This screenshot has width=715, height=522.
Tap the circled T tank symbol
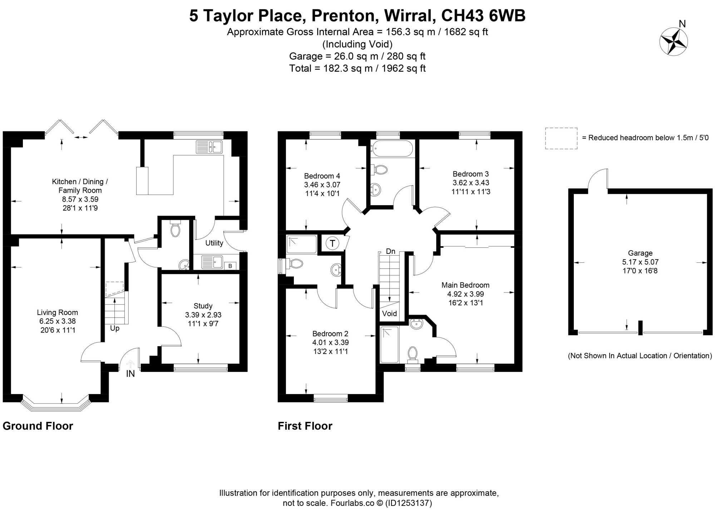point(332,243)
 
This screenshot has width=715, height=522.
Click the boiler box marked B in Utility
point(230,266)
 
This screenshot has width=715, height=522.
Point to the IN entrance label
point(130,374)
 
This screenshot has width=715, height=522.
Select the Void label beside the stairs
point(389,314)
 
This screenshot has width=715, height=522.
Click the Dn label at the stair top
point(391,251)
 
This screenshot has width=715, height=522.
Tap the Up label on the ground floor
point(115,328)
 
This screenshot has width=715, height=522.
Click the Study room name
point(203,306)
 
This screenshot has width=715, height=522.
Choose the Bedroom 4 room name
point(322,176)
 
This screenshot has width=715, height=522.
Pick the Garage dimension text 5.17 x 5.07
point(640,262)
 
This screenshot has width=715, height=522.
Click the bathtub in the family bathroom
point(392,148)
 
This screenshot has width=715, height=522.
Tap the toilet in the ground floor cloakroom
point(175,228)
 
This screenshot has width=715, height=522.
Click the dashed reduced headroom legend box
point(561,138)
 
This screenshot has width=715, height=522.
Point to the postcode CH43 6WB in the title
point(484,16)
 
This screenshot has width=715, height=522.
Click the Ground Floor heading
point(38,426)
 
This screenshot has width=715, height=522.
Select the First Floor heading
point(305,426)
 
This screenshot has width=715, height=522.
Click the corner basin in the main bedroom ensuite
point(416,324)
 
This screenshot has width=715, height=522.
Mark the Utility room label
point(214,243)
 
